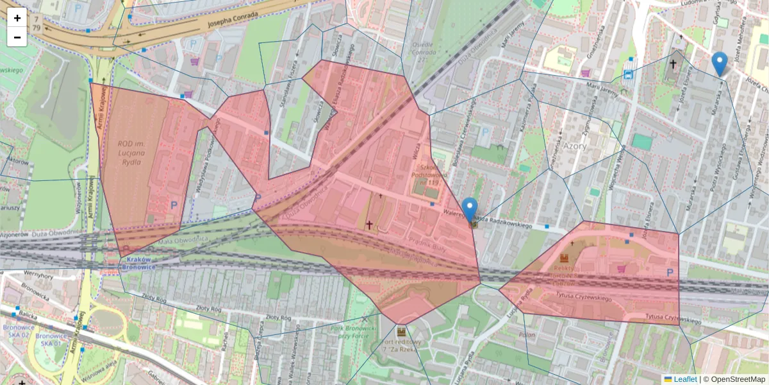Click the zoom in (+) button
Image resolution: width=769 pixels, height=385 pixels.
tap(17, 18)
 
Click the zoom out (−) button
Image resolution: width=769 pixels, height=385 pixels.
tap(17, 37)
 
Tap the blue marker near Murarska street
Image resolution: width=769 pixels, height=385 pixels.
tap(720, 64)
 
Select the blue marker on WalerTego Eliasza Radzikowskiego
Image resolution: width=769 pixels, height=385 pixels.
tap(470, 209)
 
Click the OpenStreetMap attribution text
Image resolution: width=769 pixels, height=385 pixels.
tap(738, 379)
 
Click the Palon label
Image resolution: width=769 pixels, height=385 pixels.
tap(527, 335)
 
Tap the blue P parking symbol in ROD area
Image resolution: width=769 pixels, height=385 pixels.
tap(174, 205)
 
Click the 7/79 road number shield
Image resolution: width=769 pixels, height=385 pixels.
tap(36, 24)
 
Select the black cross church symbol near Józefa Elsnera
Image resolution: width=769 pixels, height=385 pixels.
tap(673, 64)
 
